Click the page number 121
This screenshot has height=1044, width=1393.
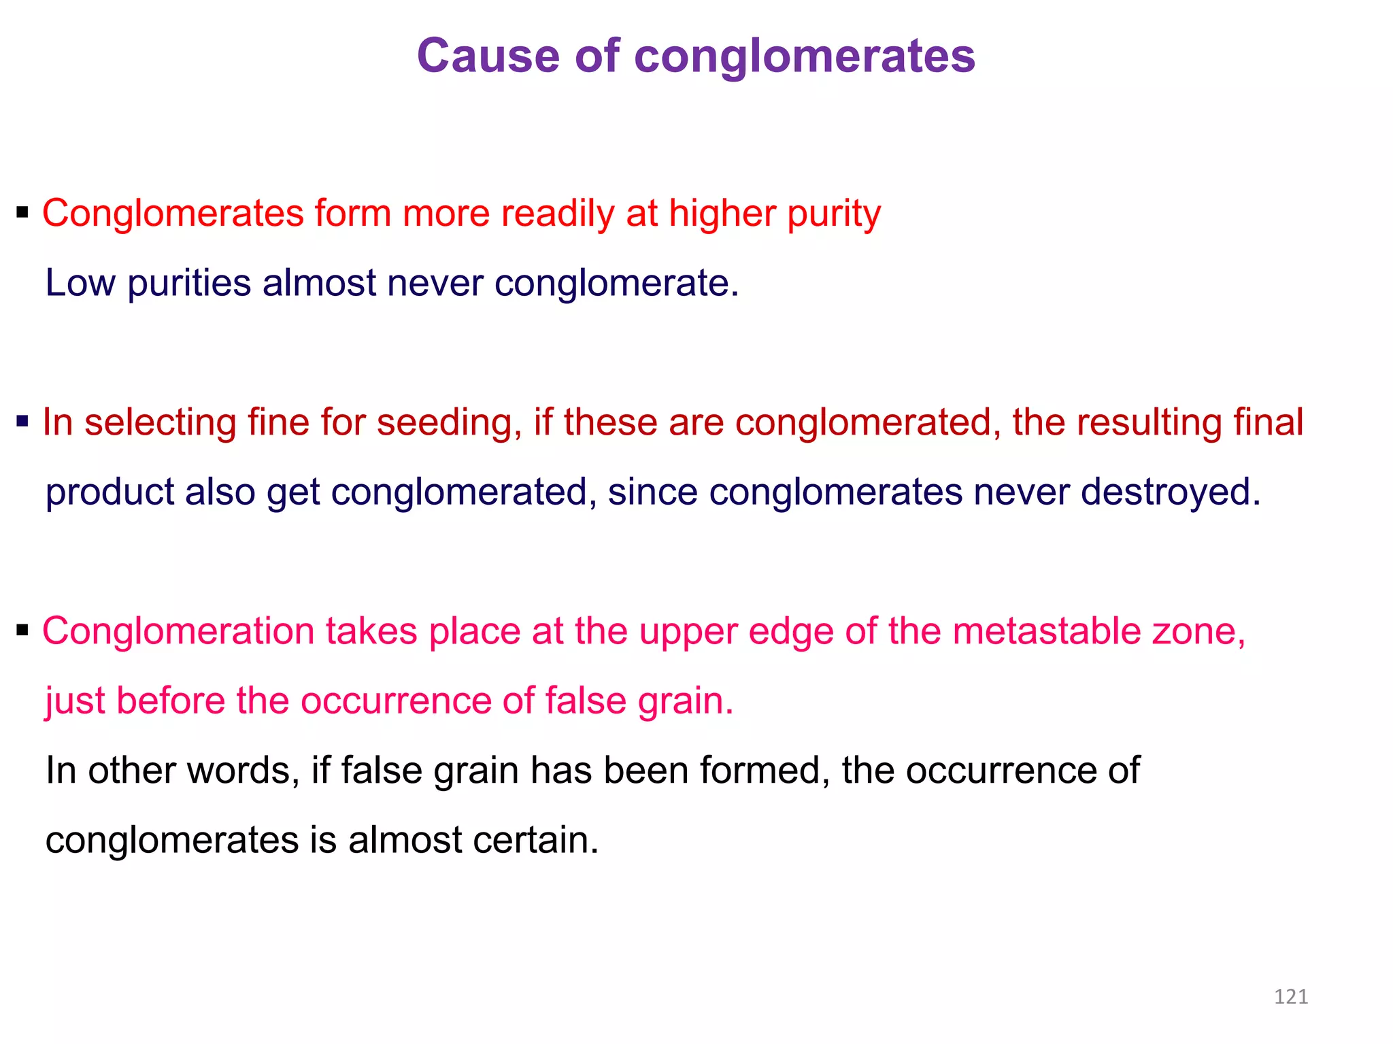tap(1290, 997)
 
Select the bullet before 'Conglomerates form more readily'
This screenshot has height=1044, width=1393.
tap(23, 213)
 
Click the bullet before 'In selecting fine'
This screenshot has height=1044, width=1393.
tap(23, 422)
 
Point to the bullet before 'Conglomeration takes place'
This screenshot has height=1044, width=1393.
tap(23, 630)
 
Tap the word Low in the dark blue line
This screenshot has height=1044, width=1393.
tap(80, 283)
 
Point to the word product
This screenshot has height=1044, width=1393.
tap(109, 492)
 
